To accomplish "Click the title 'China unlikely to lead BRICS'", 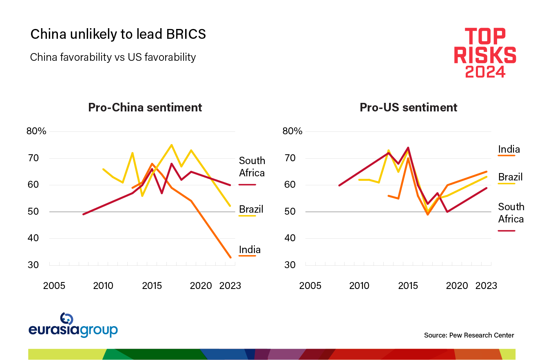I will tap(118, 34).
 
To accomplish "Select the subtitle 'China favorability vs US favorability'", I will tap(113, 57).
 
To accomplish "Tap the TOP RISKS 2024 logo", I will tap(485, 53).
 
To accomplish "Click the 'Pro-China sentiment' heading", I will tap(145, 107).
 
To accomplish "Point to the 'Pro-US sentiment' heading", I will tap(408, 107).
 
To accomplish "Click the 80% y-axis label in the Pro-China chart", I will tap(37, 131).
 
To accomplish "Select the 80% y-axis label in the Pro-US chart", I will tap(292, 131).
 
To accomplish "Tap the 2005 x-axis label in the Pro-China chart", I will tap(54, 285).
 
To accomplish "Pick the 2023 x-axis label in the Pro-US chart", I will tap(486, 285).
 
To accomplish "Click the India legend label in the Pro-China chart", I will tap(250, 249).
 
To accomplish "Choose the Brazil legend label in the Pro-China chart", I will tap(251, 209).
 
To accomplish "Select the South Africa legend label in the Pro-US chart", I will tap(511, 213).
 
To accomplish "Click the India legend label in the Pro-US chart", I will tap(509, 149).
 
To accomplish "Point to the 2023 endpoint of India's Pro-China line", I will tap(230, 257).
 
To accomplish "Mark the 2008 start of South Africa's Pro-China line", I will tap(83, 214).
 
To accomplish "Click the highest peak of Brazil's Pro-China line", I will tap(171, 145).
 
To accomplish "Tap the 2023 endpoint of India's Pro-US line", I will tap(487, 171).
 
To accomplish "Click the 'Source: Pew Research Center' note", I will tap(469, 335).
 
